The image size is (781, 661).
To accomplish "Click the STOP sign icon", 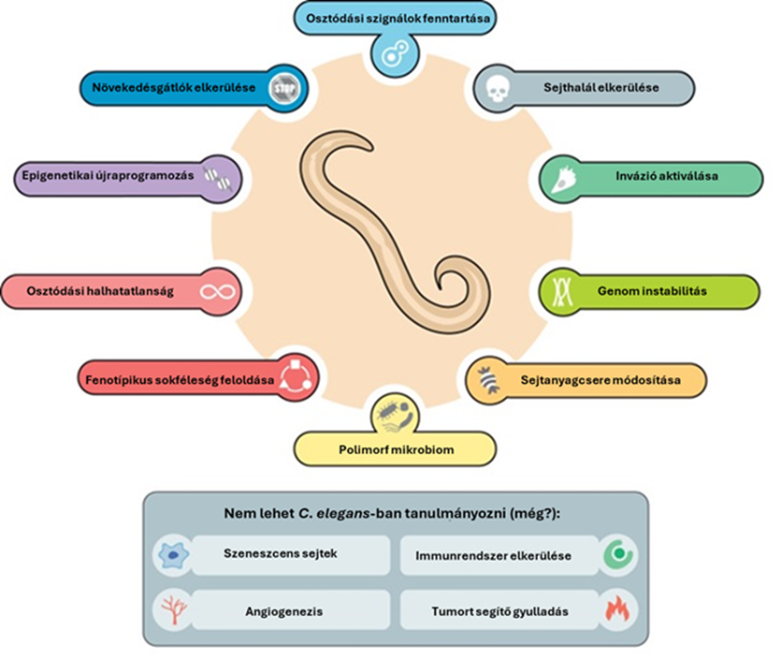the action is [x=285, y=89].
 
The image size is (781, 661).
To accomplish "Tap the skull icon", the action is [x=498, y=89].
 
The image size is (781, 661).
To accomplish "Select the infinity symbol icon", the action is [x=217, y=291].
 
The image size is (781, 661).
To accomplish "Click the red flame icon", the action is [x=617, y=610].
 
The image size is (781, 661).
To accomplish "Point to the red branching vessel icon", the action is [x=174, y=610].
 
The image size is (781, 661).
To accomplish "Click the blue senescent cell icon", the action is [x=173, y=554].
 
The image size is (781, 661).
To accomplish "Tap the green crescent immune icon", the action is [x=618, y=554].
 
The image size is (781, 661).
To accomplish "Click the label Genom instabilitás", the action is [x=652, y=291].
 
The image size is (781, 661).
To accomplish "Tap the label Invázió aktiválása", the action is [x=667, y=176].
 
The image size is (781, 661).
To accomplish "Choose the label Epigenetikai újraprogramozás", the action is [x=108, y=176].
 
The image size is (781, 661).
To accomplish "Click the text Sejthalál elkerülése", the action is [x=601, y=88].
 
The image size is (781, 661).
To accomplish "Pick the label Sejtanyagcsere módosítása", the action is [x=600, y=380].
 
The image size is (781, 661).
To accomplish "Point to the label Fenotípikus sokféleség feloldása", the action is [x=180, y=380].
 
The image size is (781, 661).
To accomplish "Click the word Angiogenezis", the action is [x=284, y=611].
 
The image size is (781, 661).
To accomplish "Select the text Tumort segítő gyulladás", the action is [x=499, y=611].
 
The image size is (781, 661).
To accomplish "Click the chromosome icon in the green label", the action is [x=562, y=291].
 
